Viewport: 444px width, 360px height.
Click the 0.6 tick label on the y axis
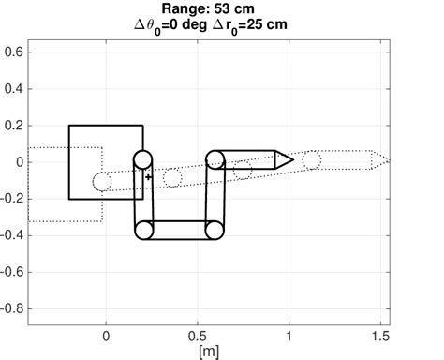tap(13, 52)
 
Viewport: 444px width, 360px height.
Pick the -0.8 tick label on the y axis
tap(11, 308)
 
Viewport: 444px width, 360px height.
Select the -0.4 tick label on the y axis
tap(11, 235)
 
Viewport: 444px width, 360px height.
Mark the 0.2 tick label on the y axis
tap(13, 125)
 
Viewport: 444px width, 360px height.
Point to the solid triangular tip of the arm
tap(284, 160)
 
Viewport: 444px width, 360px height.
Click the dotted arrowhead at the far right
tap(379, 160)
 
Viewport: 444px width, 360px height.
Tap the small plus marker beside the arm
tap(149, 176)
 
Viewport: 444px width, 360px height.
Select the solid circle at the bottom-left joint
tap(144, 229)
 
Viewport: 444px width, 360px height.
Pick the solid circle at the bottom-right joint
tap(215, 229)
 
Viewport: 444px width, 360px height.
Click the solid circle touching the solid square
tap(142, 160)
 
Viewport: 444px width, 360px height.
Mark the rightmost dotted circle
tap(312, 160)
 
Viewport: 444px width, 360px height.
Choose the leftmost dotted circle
tap(102, 181)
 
